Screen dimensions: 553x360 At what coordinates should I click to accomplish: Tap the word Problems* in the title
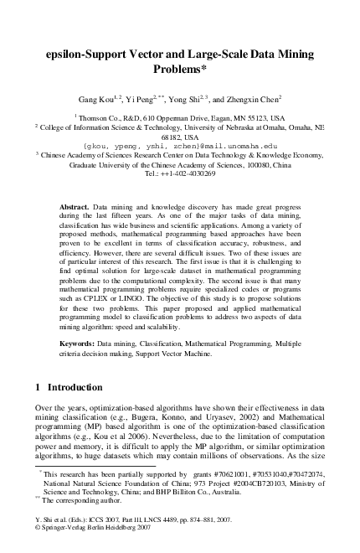[180, 69]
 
